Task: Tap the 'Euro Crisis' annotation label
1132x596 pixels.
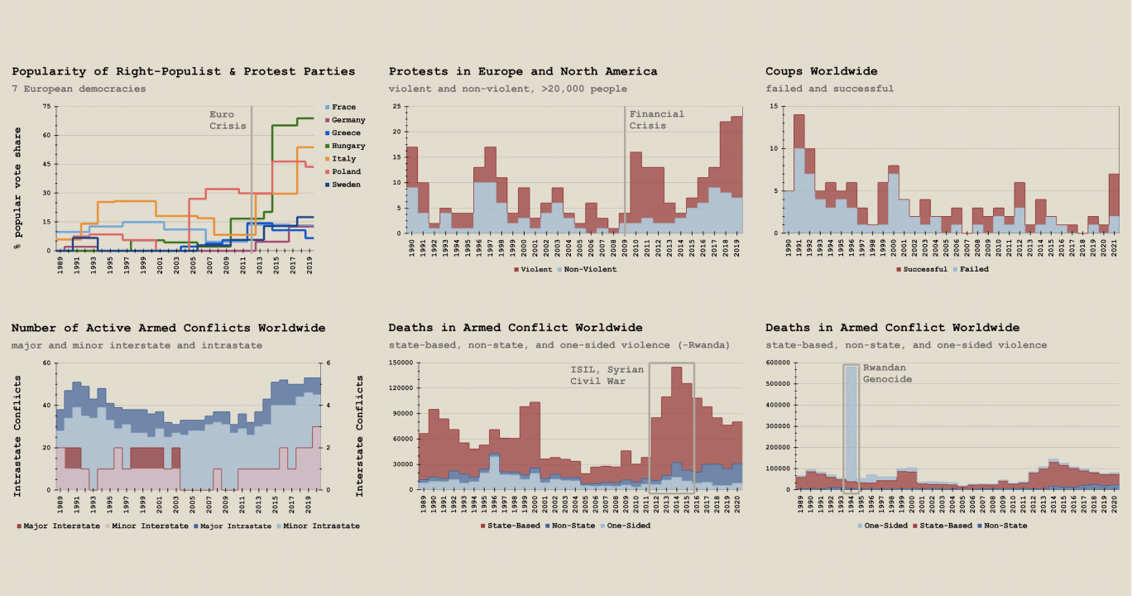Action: click(228, 120)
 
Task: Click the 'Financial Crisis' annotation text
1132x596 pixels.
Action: click(656, 120)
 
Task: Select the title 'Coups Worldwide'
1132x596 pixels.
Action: click(821, 72)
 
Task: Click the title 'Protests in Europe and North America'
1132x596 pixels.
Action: click(523, 72)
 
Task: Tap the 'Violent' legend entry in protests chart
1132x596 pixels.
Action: click(533, 269)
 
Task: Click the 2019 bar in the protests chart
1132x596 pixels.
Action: click(736, 174)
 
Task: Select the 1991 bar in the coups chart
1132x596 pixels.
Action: click(799, 174)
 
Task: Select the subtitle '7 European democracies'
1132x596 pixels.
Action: click(79, 89)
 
